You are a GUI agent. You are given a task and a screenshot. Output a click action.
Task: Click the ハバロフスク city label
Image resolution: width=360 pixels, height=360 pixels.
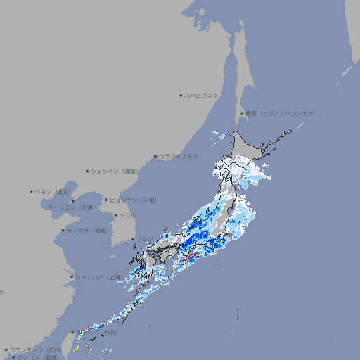[x=202, y=95]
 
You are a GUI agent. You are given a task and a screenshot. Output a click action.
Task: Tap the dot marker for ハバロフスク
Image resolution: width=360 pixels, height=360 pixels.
[x=181, y=95]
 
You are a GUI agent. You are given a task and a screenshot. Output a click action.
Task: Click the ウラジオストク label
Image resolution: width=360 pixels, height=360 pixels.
[x=179, y=156]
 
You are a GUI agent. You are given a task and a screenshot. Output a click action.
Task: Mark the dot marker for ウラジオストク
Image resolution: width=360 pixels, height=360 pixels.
[x=155, y=157]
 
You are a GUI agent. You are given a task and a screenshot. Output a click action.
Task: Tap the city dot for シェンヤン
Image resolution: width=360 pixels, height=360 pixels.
[x=88, y=171]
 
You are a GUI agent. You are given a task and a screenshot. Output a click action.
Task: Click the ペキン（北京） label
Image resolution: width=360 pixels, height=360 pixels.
[x=54, y=191]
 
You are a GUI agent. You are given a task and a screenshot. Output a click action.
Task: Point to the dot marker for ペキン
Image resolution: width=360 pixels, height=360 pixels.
[x=32, y=191]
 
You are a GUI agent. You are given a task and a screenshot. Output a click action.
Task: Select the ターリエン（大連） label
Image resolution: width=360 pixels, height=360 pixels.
[x=71, y=207]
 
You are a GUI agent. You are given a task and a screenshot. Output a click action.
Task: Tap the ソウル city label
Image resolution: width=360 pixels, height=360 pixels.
[x=127, y=215]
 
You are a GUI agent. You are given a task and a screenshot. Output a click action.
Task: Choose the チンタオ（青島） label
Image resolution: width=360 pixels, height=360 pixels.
[x=88, y=230]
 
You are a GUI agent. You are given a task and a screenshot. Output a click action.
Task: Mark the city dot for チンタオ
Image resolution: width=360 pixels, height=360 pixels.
[x=63, y=230]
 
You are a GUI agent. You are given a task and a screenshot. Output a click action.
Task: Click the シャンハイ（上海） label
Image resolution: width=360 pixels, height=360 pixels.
[x=98, y=277]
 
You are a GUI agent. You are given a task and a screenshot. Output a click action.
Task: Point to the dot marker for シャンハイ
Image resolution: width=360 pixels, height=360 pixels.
[x=72, y=277]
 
